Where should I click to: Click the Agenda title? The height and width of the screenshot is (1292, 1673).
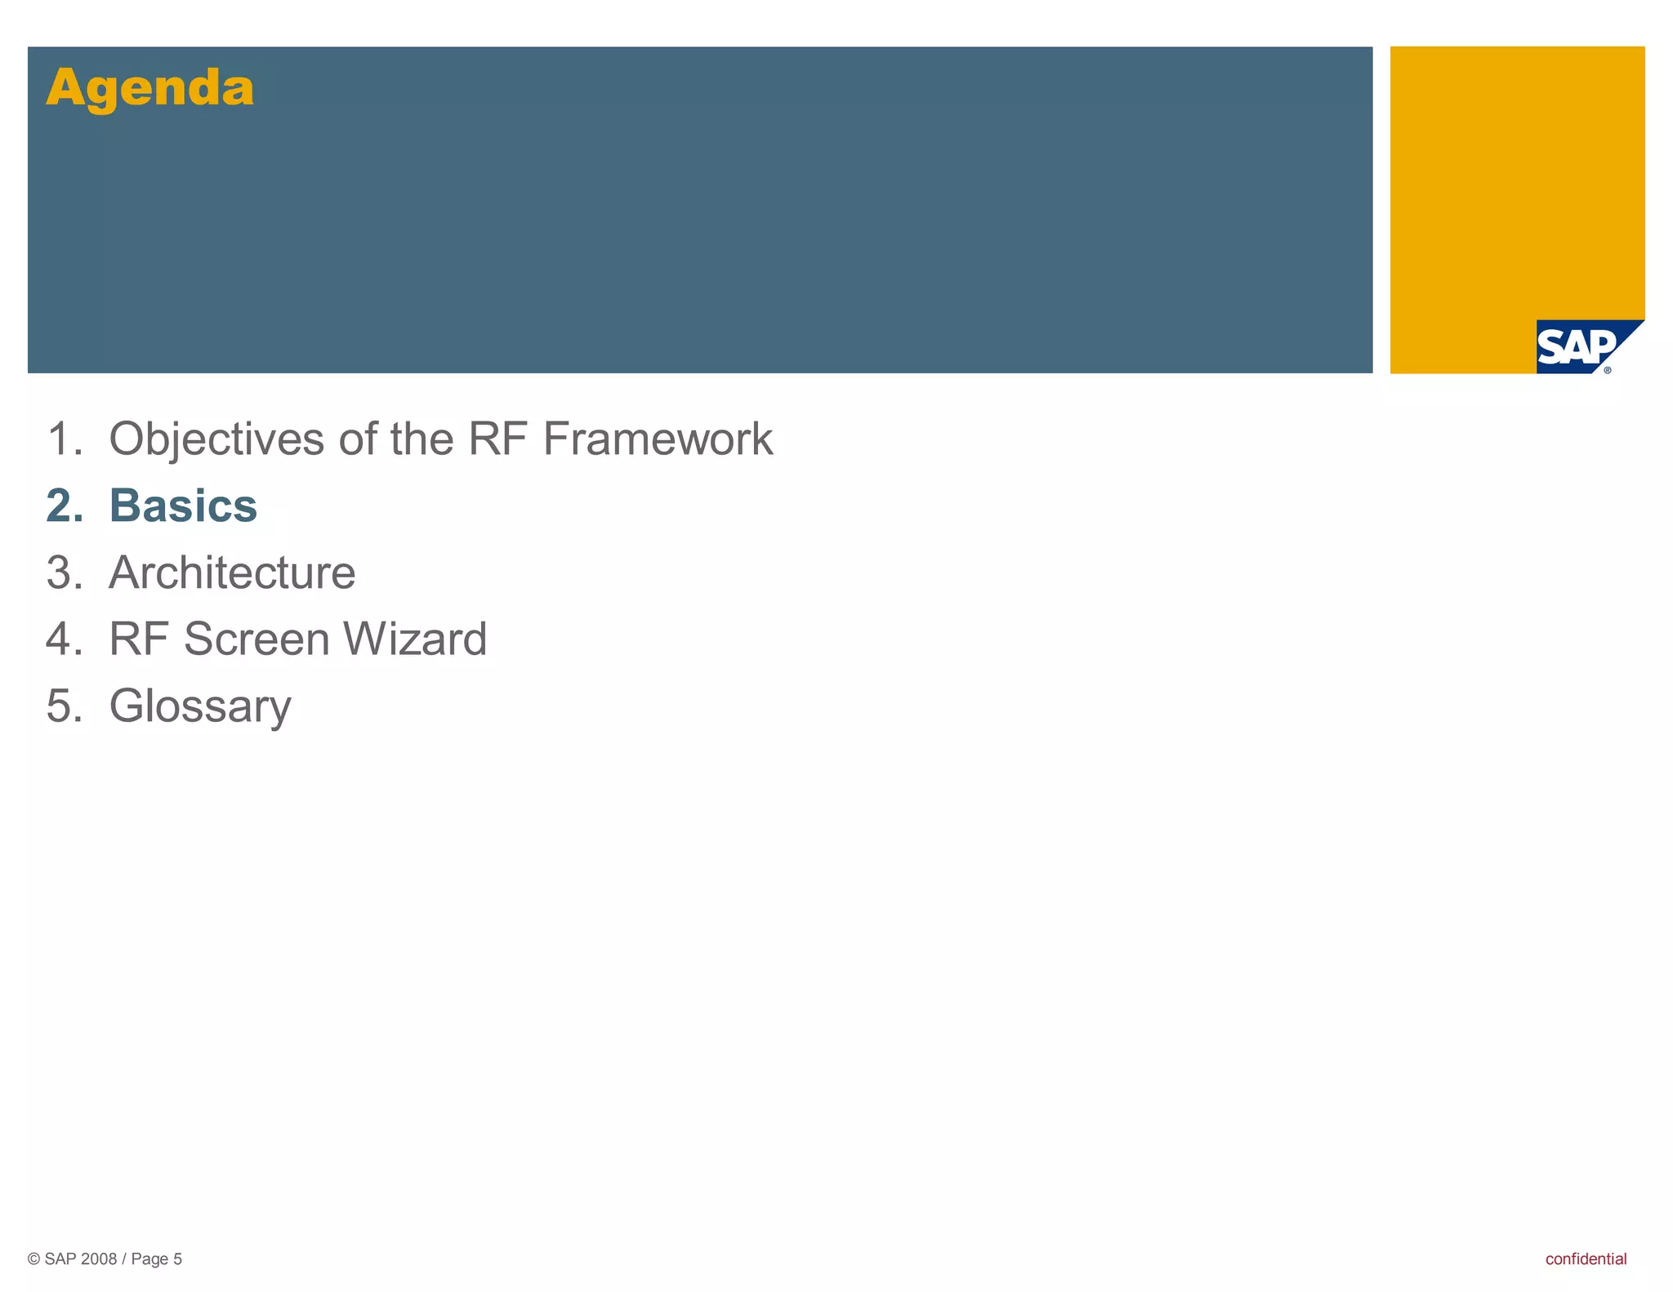pyautogui.click(x=149, y=87)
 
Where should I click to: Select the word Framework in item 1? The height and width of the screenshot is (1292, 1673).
pyautogui.click(x=658, y=439)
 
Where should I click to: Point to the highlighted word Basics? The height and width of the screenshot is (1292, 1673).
pyautogui.click(x=183, y=506)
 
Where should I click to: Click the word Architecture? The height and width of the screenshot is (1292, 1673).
pyautogui.click(x=232, y=572)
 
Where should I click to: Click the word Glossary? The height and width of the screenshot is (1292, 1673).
pyautogui.click(x=200, y=706)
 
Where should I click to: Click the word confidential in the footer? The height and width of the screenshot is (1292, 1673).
pyautogui.click(x=1586, y=1259)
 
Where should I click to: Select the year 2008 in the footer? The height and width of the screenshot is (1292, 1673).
pyautogui.click(x=99, y=1259)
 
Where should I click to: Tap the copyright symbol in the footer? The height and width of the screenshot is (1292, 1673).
pyautogui.click(x=34, y=1259)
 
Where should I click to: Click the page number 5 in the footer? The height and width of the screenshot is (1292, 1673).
pyautogui.click(x=177, y=1259)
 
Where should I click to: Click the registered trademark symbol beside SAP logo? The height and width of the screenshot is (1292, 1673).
pyautogui.click(x=1608, y=370)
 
